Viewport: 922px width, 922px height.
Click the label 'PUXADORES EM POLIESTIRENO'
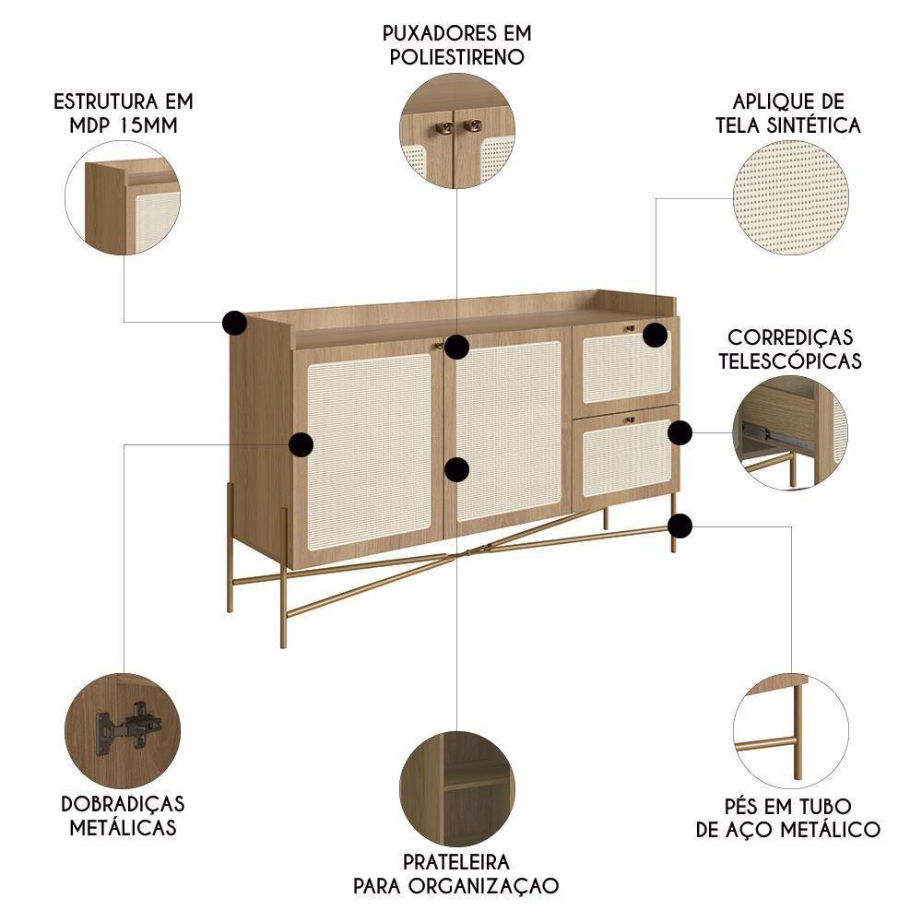[x=457, y=44]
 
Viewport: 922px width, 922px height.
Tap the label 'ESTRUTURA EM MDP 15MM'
[x=123, y=112]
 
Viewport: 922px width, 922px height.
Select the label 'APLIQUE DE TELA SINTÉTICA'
[x=788, y=112]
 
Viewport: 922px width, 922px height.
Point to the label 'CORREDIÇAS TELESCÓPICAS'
[x=790, y=349]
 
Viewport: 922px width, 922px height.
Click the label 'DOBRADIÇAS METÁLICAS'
[x=123, y=815]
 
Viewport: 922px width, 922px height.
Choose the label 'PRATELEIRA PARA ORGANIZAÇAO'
[x=456, y=874]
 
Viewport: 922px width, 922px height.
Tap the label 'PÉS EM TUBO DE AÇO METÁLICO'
[x=788, y=818]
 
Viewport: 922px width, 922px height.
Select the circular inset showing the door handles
[x=456, y=131]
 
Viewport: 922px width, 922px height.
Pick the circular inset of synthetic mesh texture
[x=789, y=197]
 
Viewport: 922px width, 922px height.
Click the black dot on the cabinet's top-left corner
[x=235, y=323]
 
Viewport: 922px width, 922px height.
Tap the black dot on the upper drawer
[x=655, y=335]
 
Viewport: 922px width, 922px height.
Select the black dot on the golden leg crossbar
[x=680, y=526]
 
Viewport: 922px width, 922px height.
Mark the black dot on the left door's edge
[x=301, y=445]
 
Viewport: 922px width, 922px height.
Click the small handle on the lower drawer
[x=631, y=420]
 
